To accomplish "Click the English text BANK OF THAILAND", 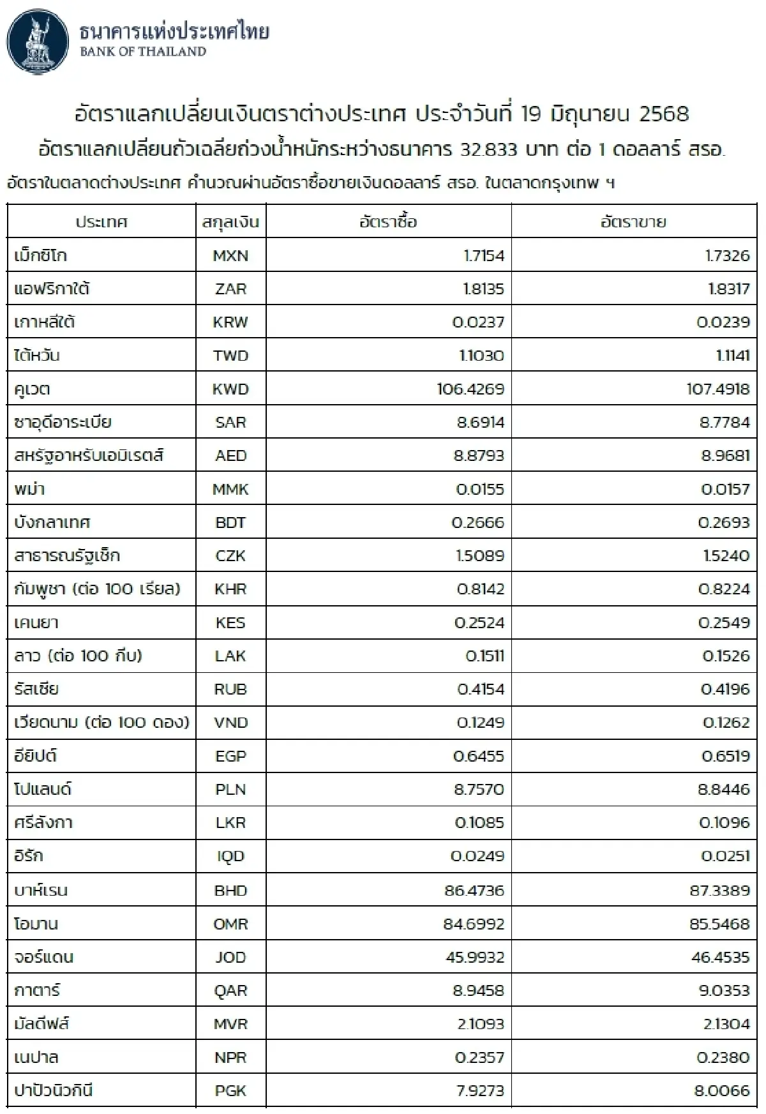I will coord(143,52).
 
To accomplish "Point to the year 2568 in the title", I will coord(664,114).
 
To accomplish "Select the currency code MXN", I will coord(230,256).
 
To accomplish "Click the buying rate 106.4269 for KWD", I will coord(470,389).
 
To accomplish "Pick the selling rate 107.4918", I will coord(717,389).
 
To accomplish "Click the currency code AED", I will coord(230,456).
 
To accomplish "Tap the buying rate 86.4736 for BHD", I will coord(474,890).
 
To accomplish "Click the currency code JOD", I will coord(230,957).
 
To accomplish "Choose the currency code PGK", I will coord(230,1090).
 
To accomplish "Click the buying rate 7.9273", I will coord(480,1090).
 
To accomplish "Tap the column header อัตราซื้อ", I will coord(388,222).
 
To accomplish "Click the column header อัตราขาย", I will coord(633,222).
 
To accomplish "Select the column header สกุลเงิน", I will coord(230,222).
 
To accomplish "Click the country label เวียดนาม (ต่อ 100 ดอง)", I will coord(101,722).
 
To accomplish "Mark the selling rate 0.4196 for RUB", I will coord(725,689).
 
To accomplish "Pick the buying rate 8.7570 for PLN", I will coord(479,789).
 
